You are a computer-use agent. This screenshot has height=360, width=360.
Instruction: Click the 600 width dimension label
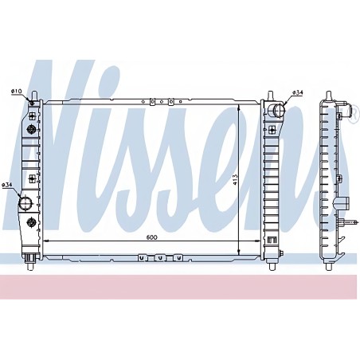tap(151, 237)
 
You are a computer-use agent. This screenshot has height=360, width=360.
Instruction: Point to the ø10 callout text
tap(16, 91)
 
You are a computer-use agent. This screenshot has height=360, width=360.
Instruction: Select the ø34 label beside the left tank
tap(7, 185)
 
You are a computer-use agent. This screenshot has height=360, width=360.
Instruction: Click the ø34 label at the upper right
tap(298, 92)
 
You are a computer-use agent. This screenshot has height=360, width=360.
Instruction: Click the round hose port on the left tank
tap(25, 203)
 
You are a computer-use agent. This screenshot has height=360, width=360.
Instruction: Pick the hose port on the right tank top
tap(276, 111)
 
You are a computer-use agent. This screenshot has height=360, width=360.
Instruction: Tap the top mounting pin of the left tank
tap(34, 96)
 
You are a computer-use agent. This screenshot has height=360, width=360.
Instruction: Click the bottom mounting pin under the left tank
tap(31, 266)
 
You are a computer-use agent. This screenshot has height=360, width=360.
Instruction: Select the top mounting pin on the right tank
tap(270, 96)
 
